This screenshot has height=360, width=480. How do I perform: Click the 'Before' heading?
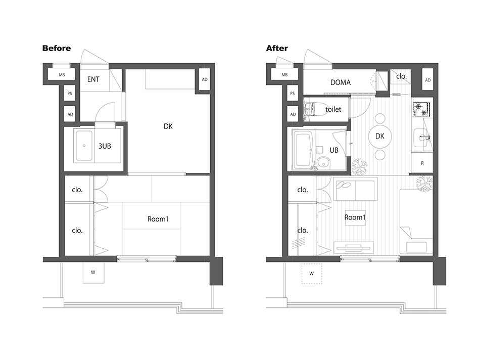coord(57,48)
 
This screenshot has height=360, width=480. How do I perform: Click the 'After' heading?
coord(277,48)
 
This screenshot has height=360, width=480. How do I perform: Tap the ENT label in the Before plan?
coord(93,79)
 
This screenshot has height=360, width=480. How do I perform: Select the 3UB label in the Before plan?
coord(105,146)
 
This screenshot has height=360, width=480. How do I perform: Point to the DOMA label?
coord(341,82)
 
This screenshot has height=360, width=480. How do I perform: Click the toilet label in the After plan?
coord(333,109)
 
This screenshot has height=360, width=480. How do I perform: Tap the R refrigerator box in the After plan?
coord(422,163)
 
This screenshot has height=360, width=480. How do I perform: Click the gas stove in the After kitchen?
coord(421,110)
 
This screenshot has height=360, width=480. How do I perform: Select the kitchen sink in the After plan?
coord(422,138)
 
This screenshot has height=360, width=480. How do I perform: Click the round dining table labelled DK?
coord(379,137)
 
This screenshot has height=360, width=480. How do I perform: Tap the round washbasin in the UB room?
coord(323,162)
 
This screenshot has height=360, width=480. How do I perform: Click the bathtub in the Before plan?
coord(84,146)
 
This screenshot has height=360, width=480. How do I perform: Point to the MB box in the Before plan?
coord(62,75)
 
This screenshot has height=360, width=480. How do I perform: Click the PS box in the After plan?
coord(293,94)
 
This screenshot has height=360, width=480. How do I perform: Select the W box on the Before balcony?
coord(93,273)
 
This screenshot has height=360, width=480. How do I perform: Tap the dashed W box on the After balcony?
coord(312,274)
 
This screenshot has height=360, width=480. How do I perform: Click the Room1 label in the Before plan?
coord(158,219)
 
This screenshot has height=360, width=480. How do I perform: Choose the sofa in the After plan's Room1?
coord(355,189)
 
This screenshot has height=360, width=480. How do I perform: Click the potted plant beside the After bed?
coord(424,183)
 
